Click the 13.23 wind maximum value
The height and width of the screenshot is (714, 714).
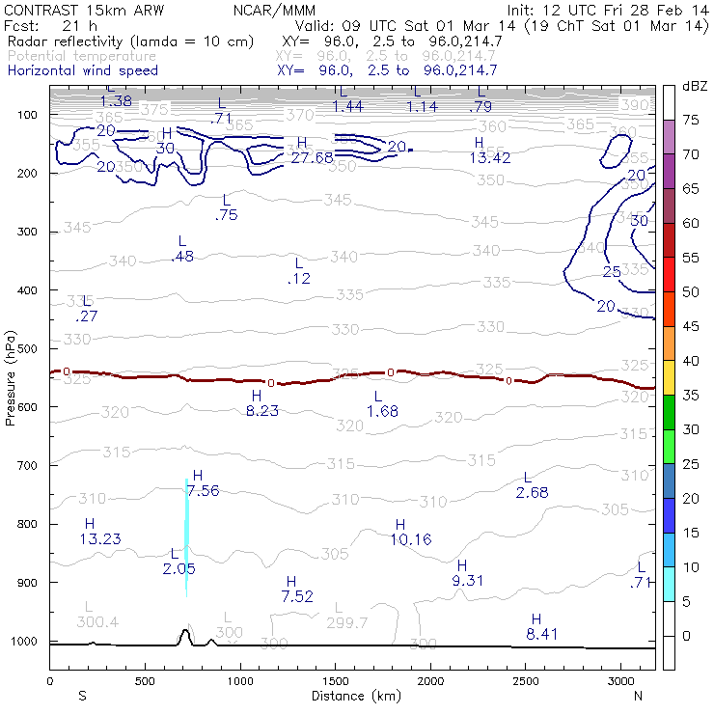[x=100, y=538]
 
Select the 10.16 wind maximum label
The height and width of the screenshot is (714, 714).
[x=411, y=539]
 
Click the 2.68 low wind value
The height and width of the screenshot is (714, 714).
[x=532, y=493]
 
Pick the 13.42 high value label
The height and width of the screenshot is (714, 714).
[x=489, y=157]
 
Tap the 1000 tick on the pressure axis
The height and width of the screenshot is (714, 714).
[x=27, y=642]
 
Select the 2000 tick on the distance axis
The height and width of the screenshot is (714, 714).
[x=430, y=680]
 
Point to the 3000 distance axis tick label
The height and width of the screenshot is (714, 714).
[x=620, y=680]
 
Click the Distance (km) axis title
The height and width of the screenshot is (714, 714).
[x=351, y=695]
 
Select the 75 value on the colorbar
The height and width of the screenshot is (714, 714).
[x=692, y=120]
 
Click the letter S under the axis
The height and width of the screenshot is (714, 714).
[x=82, y=695]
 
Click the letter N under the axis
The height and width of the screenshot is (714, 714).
[x=638, y=695]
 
